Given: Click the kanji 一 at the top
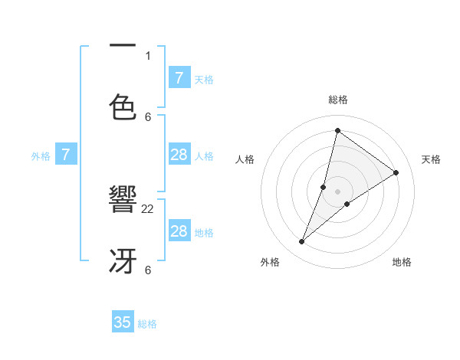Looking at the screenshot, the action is tap(123, 46).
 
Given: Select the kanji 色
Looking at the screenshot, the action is tap(123, 107).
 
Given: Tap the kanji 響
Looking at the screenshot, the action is tap(123, 201).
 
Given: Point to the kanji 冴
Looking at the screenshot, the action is tap(123, 262).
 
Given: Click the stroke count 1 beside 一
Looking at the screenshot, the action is tap(147, 55).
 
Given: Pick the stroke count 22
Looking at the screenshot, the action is tap(147, 208).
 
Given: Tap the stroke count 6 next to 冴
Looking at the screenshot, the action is tap(147, 270).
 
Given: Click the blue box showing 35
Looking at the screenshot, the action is tap(123, 322).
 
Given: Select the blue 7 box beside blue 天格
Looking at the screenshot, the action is tap(179, 78).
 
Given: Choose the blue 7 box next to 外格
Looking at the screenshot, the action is tap(66, 155).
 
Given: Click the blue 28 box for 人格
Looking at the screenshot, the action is tap(179, 155).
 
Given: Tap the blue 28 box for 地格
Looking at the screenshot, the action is tap(179, 231).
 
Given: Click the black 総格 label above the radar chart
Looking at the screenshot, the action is tap(338, 100).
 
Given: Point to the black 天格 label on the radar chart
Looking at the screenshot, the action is tap(431, 159).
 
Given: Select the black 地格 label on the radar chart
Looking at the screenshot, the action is tap(402, 262).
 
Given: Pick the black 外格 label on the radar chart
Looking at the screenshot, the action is tap(270, 262).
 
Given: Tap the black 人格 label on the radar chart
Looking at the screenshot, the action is tap(245, 159).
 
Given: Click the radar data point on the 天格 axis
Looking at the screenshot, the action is tap(396, 172).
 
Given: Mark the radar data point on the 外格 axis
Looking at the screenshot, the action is tap(302, 242).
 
